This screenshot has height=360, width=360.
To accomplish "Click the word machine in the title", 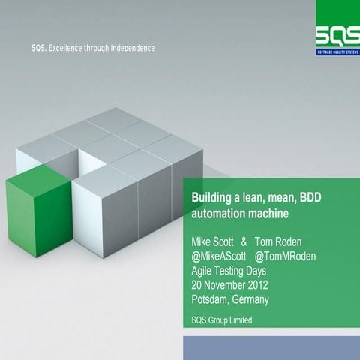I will [268, 213].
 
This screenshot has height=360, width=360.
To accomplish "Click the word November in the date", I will [232, 285].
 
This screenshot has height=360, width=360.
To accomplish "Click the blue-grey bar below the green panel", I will [271, 348].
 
